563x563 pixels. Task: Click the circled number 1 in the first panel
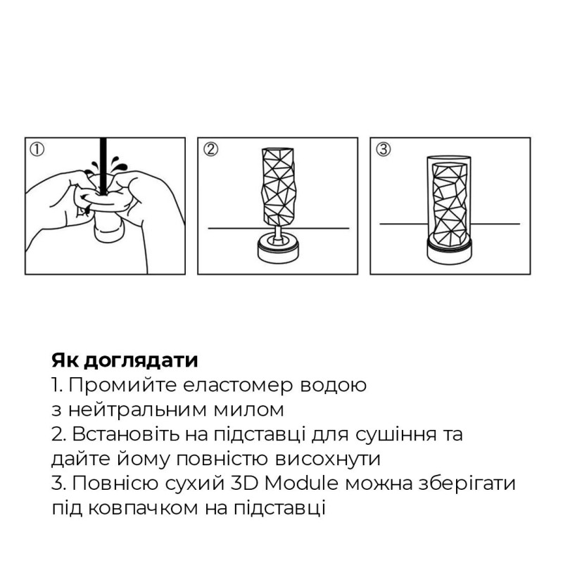coord(37,149)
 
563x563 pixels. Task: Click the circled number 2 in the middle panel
coord(210,149)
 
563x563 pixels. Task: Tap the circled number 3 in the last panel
coord(383,149)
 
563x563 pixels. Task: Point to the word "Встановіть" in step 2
coord(120,434)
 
